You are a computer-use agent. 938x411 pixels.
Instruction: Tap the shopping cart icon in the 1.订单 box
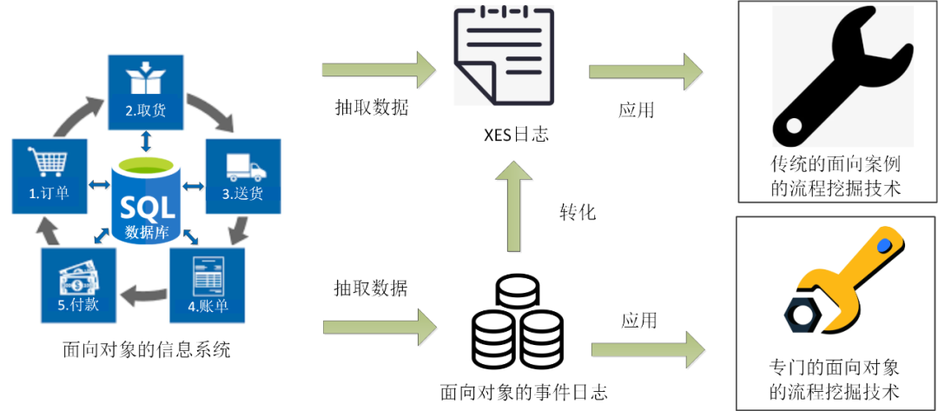tap(50, 164)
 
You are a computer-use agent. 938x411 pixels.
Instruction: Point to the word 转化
tap(578, 212)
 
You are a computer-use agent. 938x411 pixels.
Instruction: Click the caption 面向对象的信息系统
tap(147, 350)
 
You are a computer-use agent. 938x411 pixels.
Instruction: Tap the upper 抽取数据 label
tap(372, 109)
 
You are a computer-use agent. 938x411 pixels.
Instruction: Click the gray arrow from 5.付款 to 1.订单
tap(50, 231)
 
